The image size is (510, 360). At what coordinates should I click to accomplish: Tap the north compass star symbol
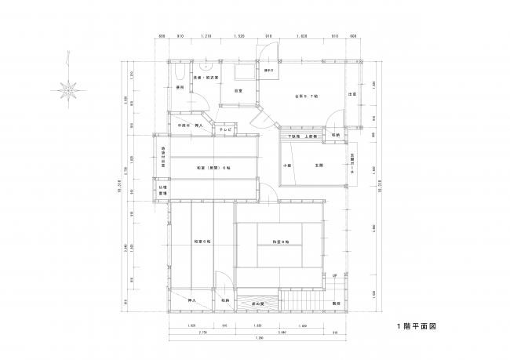(x=71, y=89)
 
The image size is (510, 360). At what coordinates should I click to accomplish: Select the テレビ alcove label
(x=224, y=127)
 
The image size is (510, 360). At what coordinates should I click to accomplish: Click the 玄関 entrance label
(x=319, y=165)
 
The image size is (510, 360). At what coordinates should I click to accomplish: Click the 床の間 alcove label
(x=256, y=302)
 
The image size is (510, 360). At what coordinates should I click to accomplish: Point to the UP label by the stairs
(x=335, y=276)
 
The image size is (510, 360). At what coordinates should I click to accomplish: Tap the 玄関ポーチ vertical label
(x=352, y=166)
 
